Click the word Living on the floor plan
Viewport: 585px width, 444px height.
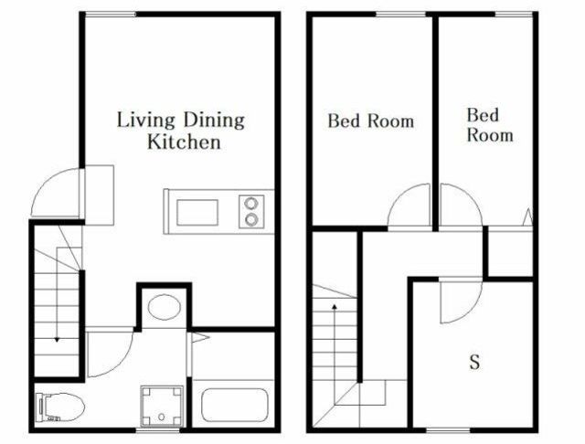coord(146,121)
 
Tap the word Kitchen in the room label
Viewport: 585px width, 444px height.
coord(184,142)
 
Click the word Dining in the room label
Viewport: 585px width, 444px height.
coord(214,120)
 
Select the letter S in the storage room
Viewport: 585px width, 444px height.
coord(474,362)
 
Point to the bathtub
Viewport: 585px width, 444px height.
coord(235,405)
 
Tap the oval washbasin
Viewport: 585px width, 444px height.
coord(165,307)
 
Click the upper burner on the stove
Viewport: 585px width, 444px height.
coord(251,204)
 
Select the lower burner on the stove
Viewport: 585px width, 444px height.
coord(251,219)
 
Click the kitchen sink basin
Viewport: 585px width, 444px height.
coord(197,213)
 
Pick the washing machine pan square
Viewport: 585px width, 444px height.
coord(162,406)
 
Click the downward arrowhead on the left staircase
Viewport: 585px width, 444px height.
coord(57,340)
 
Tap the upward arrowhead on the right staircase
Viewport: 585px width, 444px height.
coord(335,307)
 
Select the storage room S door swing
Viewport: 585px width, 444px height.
coord(471,311)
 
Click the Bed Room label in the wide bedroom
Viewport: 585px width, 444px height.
coord(371,121)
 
